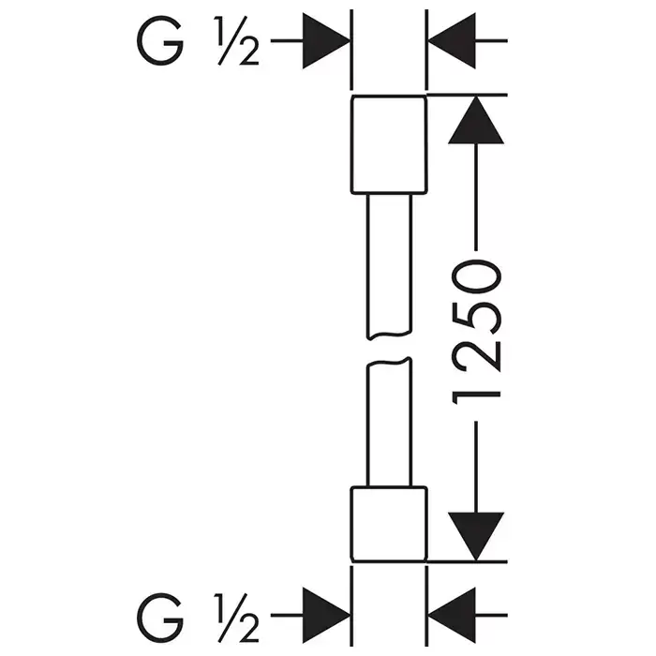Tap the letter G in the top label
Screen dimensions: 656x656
click(161, 41)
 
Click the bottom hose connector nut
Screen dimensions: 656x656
click(388, 523)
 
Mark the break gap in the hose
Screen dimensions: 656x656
click(388, 349)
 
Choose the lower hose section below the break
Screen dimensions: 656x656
click(388, 422)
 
